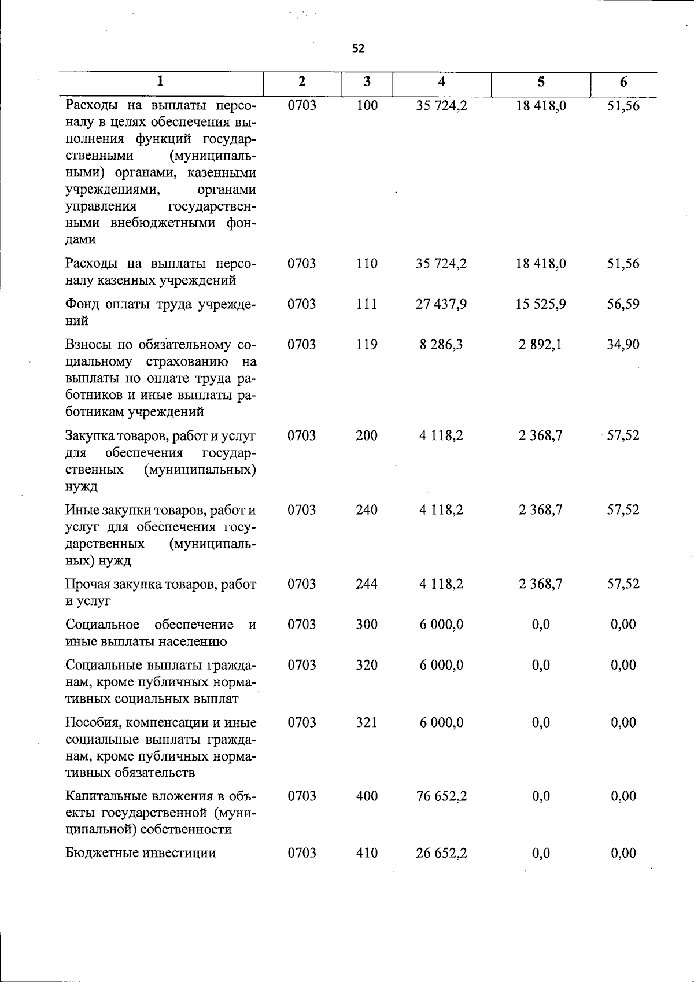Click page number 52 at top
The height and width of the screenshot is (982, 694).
(x=358, y=49)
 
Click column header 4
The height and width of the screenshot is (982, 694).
(x=441, y=82)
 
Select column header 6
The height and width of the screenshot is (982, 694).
(x=623, y=82)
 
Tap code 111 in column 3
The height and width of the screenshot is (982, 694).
(x=367, y=304)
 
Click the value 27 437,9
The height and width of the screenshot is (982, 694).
(x=441, y=304)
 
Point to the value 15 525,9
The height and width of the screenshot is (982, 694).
(x=541, y=304)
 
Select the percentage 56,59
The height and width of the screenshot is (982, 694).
(x=623, y=304)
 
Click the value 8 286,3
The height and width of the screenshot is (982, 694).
(x=441, y=345)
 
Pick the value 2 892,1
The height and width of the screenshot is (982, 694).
(x=541, y=345)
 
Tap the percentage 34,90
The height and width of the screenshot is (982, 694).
(x=623, y=345)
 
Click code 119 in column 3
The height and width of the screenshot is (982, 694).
(x=367, y=345)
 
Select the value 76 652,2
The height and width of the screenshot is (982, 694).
(x=441, y=796)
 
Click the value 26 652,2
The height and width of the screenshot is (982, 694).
(x=441, y=853)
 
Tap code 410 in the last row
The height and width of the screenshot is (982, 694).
(x=367, y=853)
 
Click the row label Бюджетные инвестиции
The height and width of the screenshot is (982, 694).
(x=141, y=853)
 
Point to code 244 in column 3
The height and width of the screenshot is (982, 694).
(x=367, y=584)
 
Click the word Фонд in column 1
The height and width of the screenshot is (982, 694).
(x=85, y=304)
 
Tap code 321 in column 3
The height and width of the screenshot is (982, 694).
(x=367, y=723)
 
